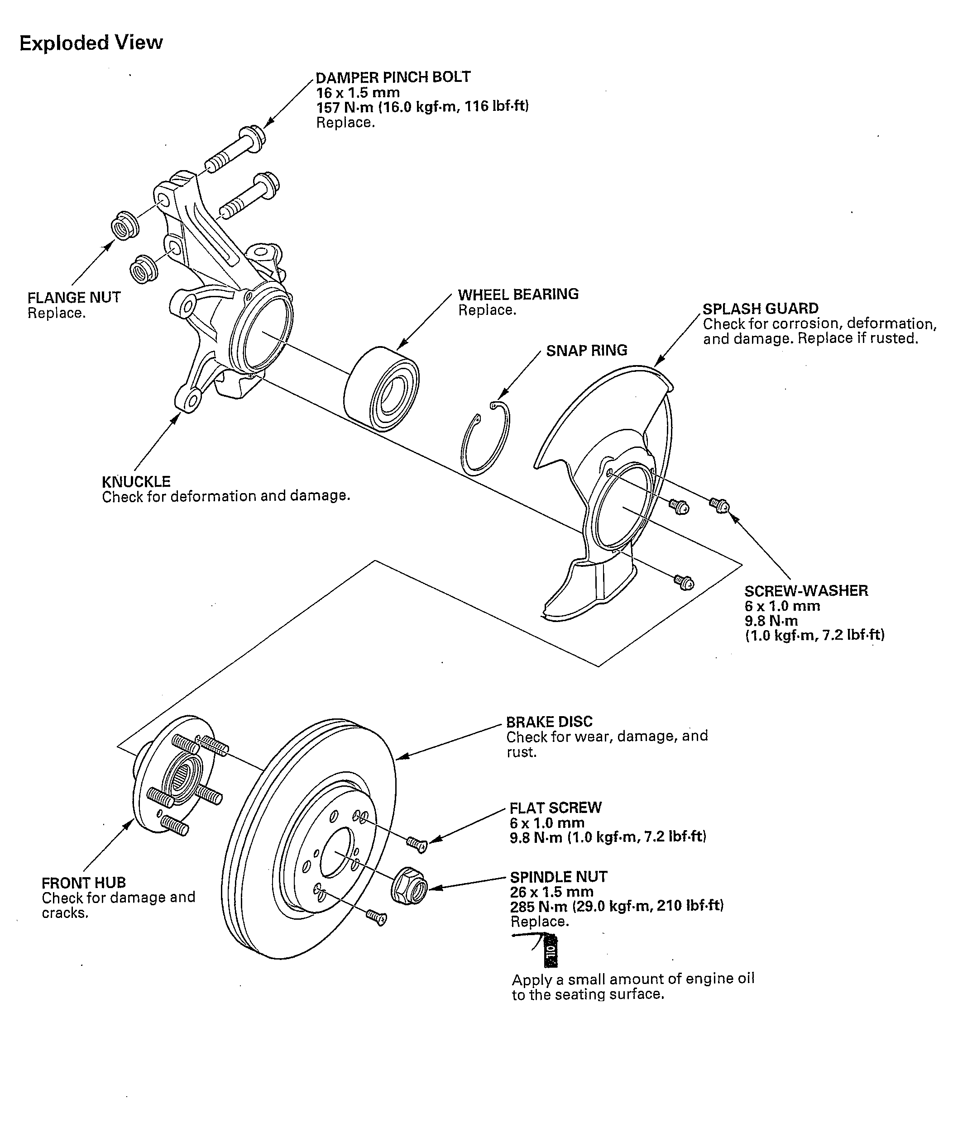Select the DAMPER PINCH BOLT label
[393, 77]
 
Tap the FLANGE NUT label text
[74, 298]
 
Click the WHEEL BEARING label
[518, 294]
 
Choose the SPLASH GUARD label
[760, 309]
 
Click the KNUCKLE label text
[136, 481]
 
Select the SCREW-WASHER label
[806, 590]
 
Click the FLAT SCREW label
[556, 808]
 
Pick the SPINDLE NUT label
[559, 877]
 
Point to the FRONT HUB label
[84, 883]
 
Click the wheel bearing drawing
[383, 389]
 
